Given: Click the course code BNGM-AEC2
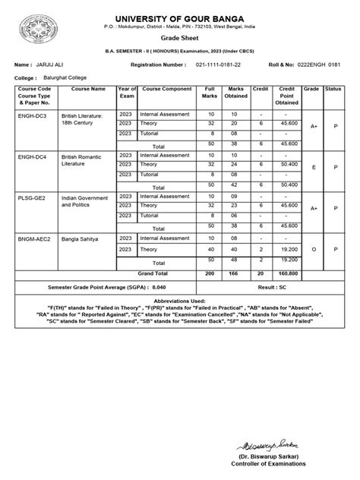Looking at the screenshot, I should click(34, 238).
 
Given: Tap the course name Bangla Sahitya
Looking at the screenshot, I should click(79, 238).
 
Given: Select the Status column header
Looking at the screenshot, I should click(333, 89).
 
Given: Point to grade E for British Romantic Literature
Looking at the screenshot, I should click(313, 167).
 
